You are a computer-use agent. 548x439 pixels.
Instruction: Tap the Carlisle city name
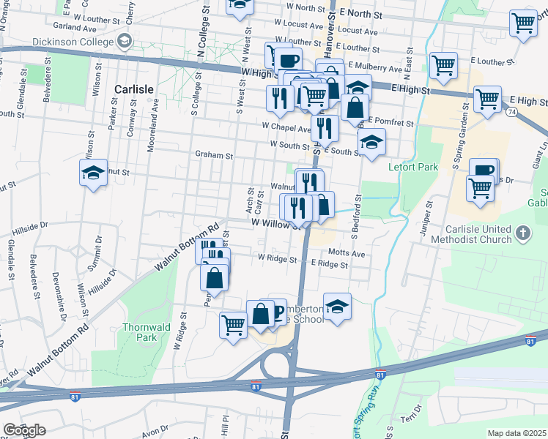(x=133, y=89)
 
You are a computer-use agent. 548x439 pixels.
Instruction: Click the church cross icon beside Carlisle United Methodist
(x=522, y=233)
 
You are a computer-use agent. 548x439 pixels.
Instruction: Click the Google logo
(x=24, y=430)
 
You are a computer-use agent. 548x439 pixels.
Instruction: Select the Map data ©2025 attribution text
(x=516, y=433)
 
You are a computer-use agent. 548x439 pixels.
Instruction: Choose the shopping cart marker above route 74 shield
(x=487, y=99)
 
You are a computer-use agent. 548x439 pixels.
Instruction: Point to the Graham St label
(x=213, y=155)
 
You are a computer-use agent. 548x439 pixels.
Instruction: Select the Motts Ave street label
(x=347, y=253)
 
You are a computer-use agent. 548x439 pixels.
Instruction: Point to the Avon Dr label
(x=155, y=432)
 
